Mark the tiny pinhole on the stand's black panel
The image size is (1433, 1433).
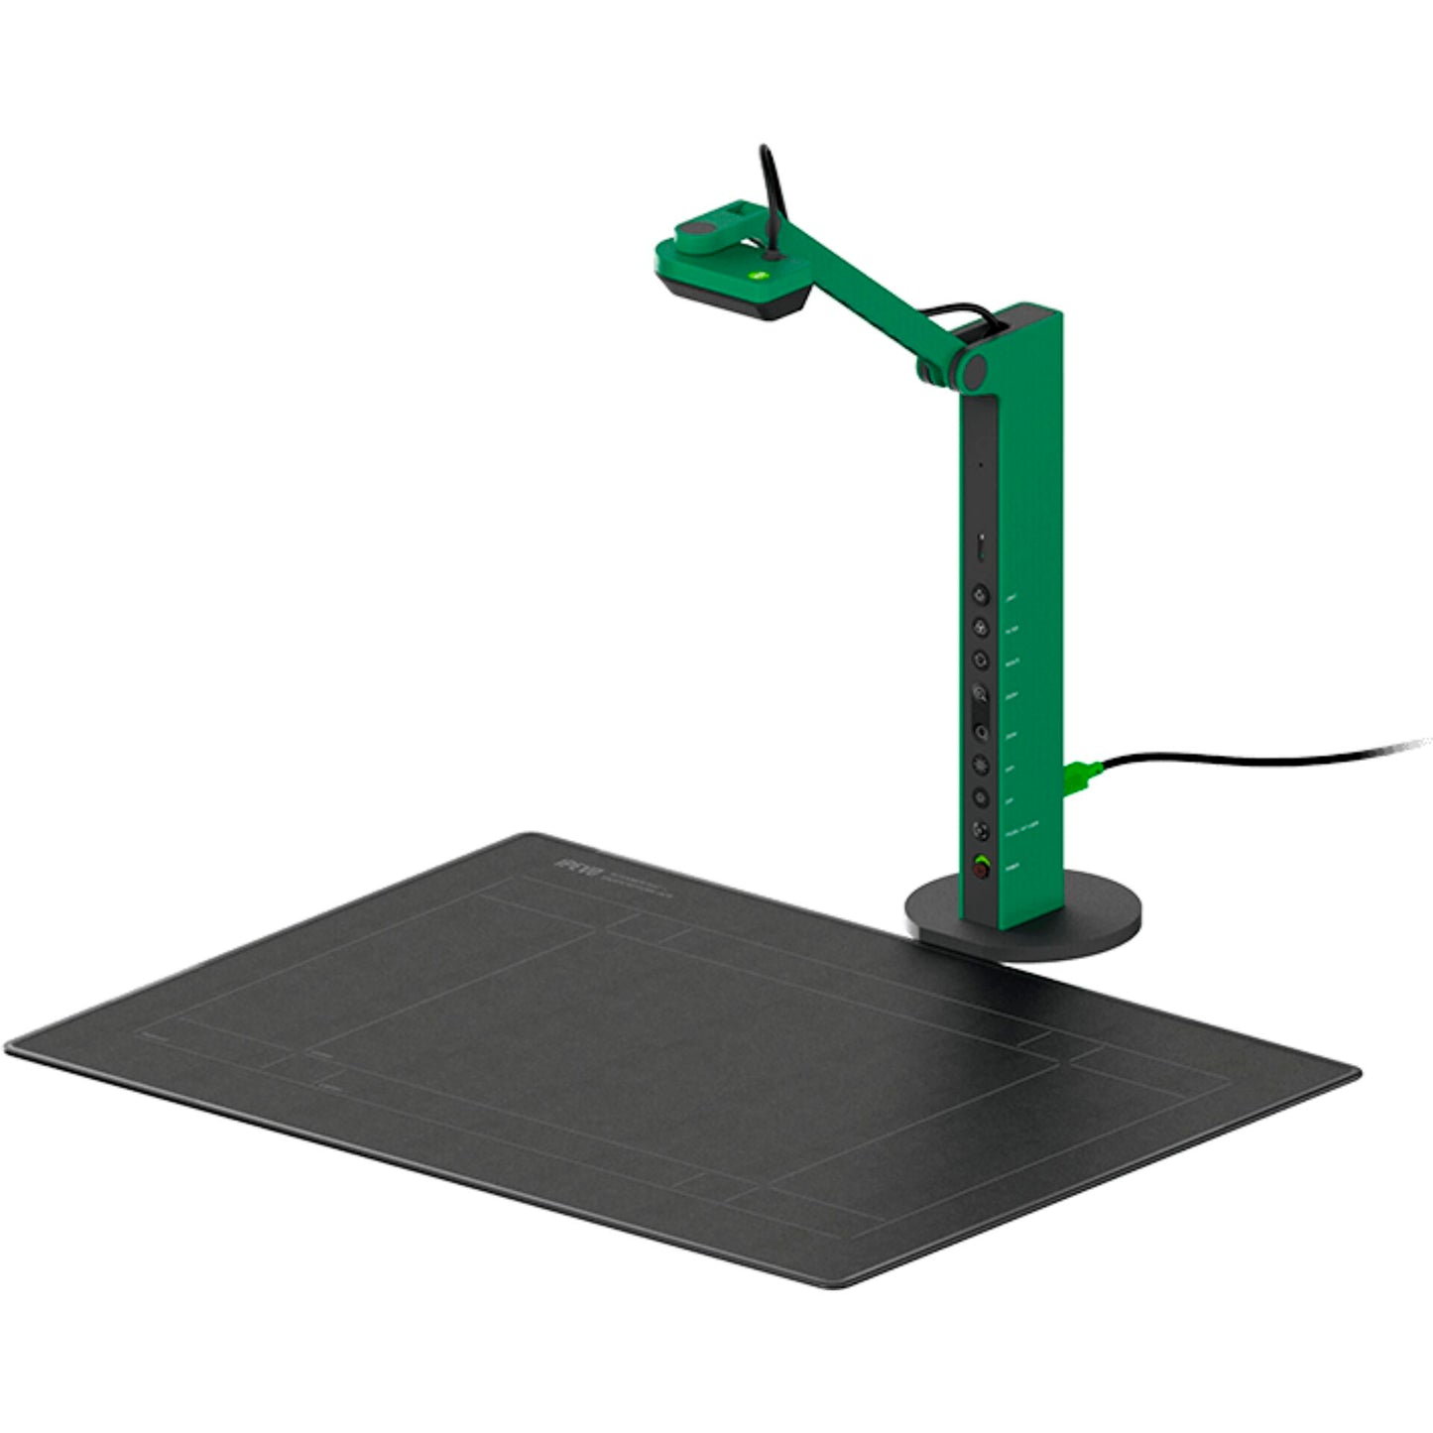(980, 464)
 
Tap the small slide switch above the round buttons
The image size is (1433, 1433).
(980, 546)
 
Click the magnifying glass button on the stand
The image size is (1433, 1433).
(980, 693)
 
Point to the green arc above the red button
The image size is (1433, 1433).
(981, 859)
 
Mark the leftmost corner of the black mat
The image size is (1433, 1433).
(10, 1046)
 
